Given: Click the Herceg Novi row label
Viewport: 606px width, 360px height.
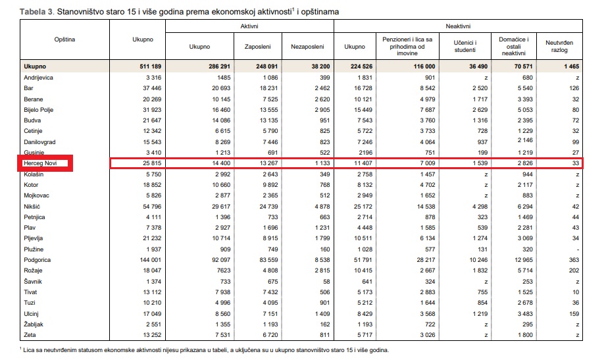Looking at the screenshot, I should click(41, 163).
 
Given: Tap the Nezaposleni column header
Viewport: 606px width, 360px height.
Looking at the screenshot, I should click(307, 47).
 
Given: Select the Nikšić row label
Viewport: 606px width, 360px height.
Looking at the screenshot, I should click(34, 205).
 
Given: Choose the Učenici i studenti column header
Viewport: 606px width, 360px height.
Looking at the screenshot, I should click(465, 47).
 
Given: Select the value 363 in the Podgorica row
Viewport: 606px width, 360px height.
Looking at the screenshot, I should click(573, 259).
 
